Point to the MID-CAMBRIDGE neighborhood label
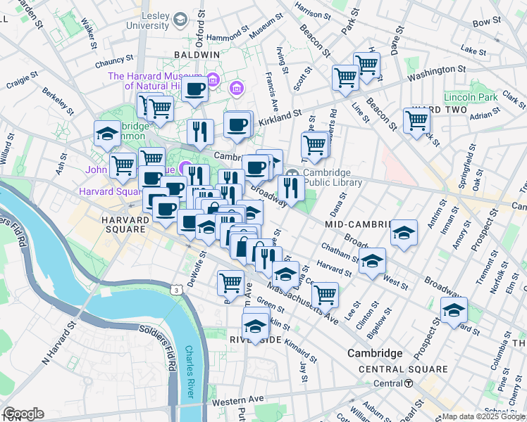(356, 224)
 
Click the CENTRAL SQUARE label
(402, 369)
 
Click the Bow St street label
(486, 23)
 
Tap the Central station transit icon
(408, 383)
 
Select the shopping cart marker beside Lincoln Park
(417, 120)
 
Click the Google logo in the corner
(23, 414)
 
